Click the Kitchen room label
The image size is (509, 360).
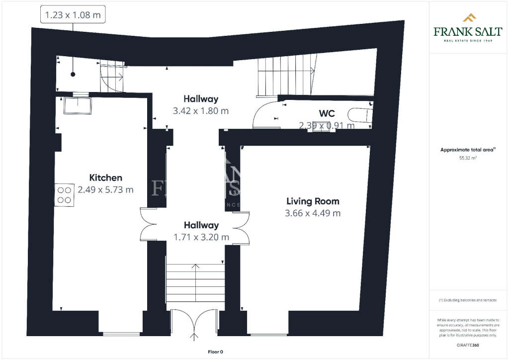105,178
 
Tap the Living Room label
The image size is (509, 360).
313,201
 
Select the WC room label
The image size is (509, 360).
327,113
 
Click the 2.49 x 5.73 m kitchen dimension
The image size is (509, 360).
105,189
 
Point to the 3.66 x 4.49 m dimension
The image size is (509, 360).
313,213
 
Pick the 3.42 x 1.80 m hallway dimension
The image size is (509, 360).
201,111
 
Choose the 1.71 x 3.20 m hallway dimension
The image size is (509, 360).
201,237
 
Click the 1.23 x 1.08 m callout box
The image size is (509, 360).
73,15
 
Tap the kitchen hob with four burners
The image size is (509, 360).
64,194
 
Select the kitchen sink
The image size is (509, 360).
77,105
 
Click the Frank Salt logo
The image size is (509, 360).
467,28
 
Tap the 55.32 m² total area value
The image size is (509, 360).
468,158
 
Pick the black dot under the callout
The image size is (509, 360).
73,75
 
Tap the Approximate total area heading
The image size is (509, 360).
467,150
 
